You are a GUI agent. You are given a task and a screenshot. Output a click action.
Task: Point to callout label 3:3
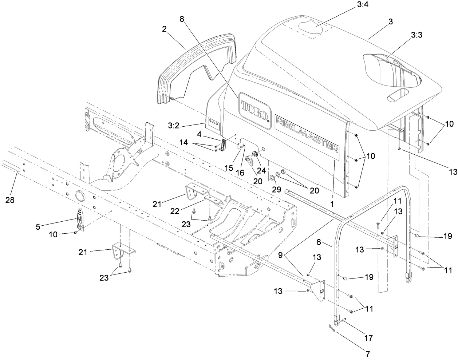point(418,35)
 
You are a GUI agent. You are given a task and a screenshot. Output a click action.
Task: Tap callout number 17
point(368,338)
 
